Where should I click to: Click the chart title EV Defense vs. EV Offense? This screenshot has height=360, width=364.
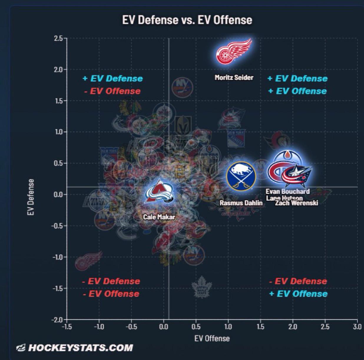point(187,20)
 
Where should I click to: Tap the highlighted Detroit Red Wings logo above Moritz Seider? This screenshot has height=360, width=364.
point(234,52)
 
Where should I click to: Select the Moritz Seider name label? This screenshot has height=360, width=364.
point(234,77)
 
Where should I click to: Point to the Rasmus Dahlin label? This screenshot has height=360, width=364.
point(241,203)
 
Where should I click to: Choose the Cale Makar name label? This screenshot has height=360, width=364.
point(159,217)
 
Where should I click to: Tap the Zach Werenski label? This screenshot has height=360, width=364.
point(297,203)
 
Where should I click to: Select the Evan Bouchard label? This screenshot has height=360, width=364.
point(288,191)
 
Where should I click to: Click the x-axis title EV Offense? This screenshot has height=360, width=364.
point(212,338)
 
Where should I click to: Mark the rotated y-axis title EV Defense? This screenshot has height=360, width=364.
point(31,197)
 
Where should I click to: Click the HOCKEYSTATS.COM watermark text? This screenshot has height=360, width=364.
point(80,348)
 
